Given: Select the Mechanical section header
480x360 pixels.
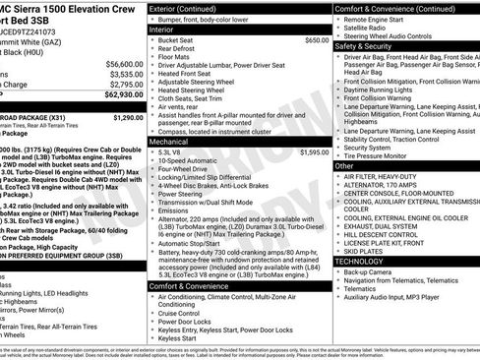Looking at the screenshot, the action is click(x=169, y=141).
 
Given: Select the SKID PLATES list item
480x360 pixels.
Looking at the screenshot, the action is click(x=364, y=252).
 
